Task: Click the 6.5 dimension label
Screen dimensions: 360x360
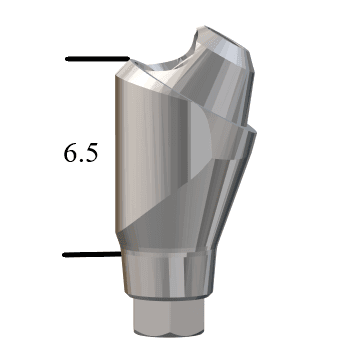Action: click(x=81, y=153)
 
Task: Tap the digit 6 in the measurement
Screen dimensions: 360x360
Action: click(x=70, y=153)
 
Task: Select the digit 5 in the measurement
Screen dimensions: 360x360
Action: click(x=91, y=153)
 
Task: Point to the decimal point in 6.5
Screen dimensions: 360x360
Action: click(x=80, y=160)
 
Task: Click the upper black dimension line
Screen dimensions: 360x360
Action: click(x=97, y=59)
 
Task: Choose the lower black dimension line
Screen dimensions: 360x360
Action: click(x=92, y=255)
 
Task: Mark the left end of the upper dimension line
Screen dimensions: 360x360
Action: click(x=66, y=59)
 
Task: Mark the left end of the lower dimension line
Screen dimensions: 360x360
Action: click(x=63, y=255)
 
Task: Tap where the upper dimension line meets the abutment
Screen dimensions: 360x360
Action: click(x=129, y=59)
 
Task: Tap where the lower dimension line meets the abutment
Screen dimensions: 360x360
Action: click(x=121, y=254)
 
